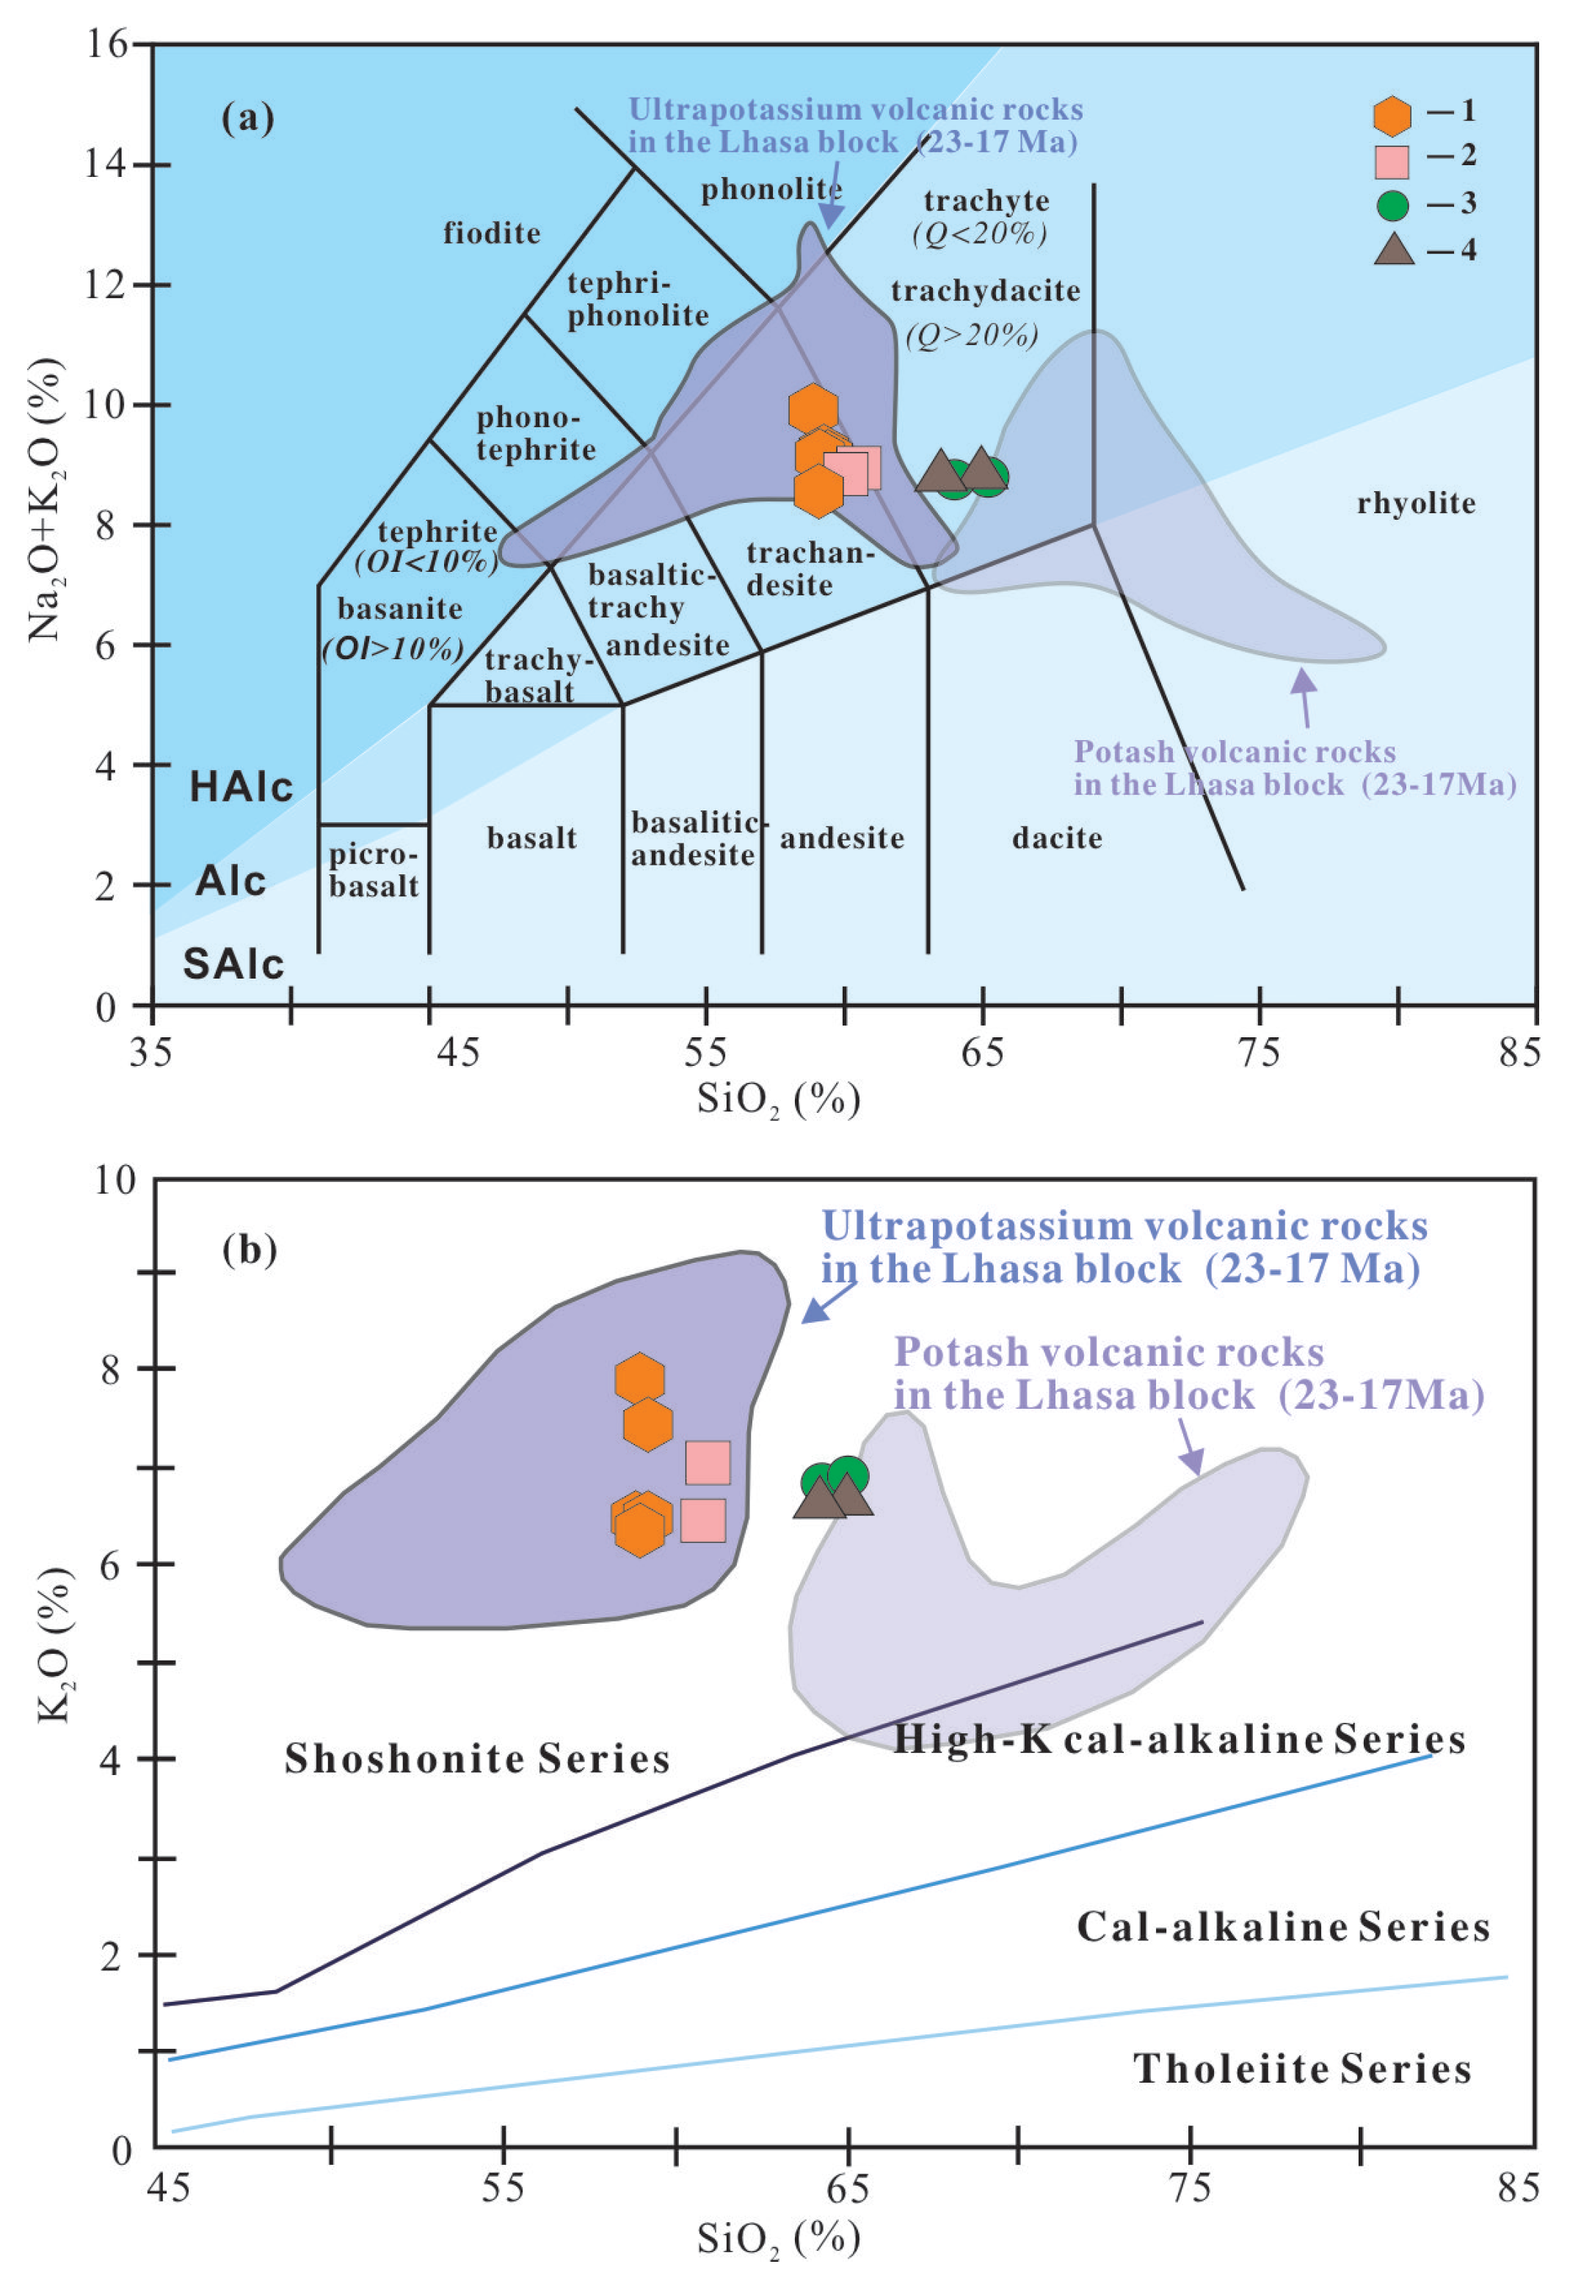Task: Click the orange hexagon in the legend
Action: point(1392,115)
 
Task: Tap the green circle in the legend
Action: point(1392,206)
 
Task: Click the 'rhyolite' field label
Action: point(1416,504)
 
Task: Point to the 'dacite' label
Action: point(1056,838)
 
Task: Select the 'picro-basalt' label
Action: point(374,871)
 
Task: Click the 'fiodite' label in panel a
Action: point(491,233)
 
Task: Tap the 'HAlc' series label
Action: point(241,787)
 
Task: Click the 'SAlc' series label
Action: point(233,964)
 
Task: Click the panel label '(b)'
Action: point(250,1249)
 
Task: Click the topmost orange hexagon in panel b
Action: point(639,1378)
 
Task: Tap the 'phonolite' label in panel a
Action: point(770,189)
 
